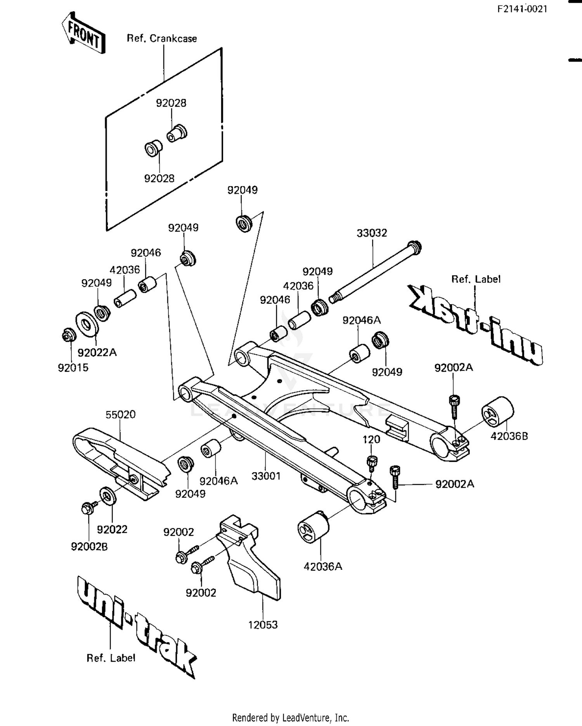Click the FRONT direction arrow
83,33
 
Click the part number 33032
372,233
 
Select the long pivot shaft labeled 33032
374,271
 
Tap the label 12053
263,625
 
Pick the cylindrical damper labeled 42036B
497,413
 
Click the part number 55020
121,415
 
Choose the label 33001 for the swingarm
266,476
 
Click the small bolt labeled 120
372,462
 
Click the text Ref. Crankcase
162,38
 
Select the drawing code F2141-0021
522,9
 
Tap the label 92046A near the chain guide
218,481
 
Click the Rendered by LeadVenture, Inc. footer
291,717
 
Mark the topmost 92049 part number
242,190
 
